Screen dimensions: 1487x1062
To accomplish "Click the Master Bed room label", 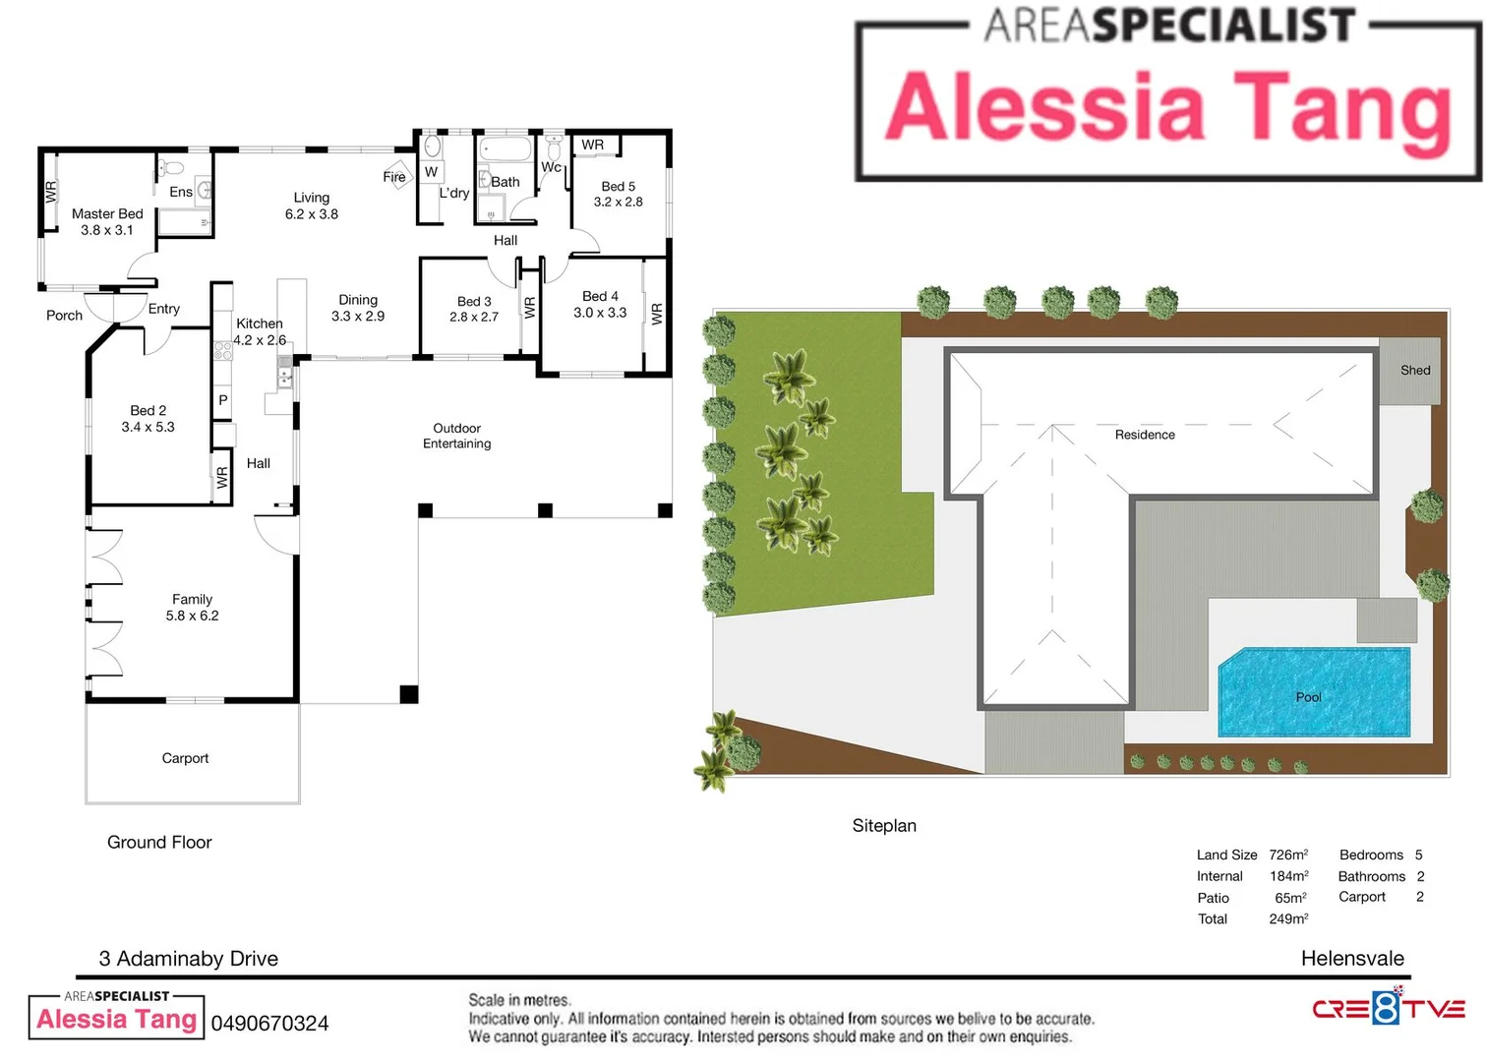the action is (107, 213).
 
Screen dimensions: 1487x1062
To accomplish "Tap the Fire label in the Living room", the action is (394, 177).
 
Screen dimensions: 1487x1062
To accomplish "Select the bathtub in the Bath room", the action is (506, 148).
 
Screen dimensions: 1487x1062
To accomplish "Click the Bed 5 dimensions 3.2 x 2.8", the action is (618, 202).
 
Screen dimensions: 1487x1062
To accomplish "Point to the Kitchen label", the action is (260, 324).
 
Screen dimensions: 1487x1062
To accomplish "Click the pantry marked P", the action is (223, 400).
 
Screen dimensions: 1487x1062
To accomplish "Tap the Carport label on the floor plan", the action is (185, 758).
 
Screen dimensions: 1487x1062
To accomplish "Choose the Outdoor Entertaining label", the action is (456, 436).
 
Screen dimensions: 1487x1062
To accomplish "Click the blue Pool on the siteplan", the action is (1314, 692).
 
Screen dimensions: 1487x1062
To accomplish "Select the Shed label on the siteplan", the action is (1415, 371).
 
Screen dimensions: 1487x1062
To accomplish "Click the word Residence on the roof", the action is (1145, 435).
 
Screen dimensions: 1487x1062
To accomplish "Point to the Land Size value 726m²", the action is (1288, 855).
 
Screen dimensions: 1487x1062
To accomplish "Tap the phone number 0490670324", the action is (269, 1024).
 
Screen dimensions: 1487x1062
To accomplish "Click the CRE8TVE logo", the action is (1389, 1008).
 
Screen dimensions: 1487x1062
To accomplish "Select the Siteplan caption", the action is (884, 826).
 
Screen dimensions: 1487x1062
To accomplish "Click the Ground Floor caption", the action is (159, 843).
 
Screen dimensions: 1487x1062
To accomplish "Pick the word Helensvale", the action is (1352, 959).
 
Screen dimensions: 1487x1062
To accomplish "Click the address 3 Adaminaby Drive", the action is (189, 959).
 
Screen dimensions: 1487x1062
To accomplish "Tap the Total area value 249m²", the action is (1288, 919).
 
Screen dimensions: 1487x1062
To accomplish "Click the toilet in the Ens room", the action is (172, 166).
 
